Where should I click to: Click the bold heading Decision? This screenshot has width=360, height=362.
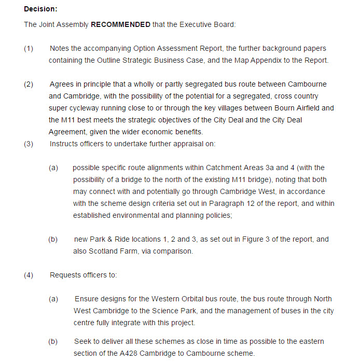(x=41, y=9)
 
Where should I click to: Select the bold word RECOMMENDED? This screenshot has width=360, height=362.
(x=121, y=24)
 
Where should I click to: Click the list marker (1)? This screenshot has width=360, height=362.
(x=29, y=48)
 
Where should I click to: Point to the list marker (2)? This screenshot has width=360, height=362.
(x=29, y=84)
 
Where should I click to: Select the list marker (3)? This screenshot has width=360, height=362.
(x=29, y=144)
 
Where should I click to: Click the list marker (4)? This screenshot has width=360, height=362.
(x=29, y=275)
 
